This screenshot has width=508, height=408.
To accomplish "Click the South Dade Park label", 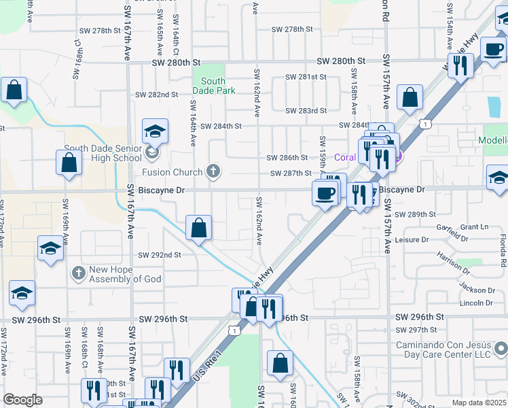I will (213, 86).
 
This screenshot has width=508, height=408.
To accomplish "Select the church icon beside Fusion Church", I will (214, 171).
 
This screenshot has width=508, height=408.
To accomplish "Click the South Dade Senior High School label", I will (103, 154).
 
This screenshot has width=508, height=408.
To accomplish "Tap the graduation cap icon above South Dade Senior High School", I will (155, 131).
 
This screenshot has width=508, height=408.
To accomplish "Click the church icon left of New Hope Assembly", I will (79, 273).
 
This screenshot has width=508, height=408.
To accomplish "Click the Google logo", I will (22, 399).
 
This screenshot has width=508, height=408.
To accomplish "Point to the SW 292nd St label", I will (160, 255).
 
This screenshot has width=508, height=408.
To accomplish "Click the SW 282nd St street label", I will (156, 95).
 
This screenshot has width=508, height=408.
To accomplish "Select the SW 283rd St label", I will (306, 110).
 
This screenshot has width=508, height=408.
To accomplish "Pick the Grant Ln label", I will (474, 226).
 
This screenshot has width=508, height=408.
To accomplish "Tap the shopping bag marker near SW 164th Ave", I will (198, 228).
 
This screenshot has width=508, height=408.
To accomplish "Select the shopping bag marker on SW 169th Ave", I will (69, 164).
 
